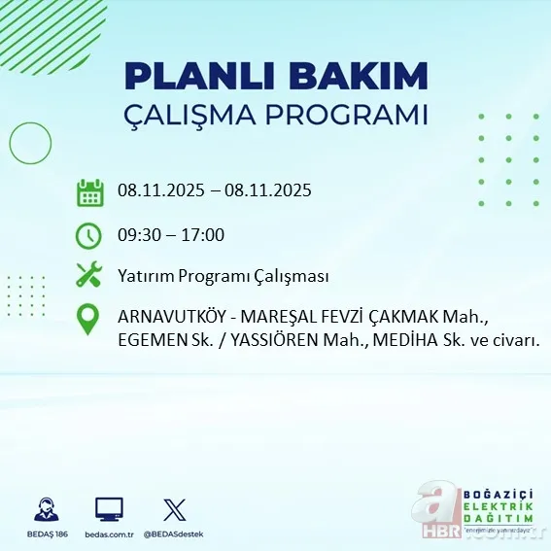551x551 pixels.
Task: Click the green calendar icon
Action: pyautogui.click(x=89, y=191)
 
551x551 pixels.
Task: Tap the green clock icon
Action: pyautogui.click(x=88, y=235)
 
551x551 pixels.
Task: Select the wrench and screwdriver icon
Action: pyautogui.click(x=88, y=276)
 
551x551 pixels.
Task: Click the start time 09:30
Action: pyautogui.click(x=139, y=234)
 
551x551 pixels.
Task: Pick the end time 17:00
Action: pyautogui.click(x=204, y=234)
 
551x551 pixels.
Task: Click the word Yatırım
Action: pyautogui.click(x=145, y=276)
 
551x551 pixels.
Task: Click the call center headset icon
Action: pyautogui.click(x=45, y=509)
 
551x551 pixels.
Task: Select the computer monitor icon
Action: pyautogui.click(x=109, y=509)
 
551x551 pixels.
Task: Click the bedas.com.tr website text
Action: pyautogui.click(x=109, y=534)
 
